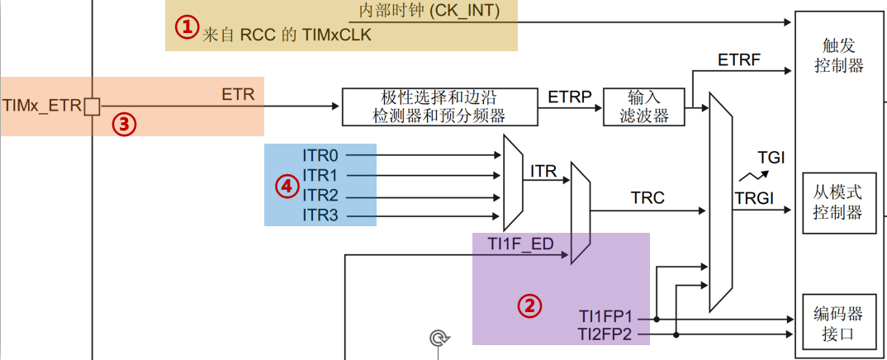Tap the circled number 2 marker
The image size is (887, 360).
point(529,306)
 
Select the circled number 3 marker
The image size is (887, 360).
point(123,124)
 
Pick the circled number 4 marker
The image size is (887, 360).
point(287,187)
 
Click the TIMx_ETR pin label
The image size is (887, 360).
point(42,107)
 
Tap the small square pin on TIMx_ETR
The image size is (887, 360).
point(92,107)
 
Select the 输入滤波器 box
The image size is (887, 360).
point(644,107)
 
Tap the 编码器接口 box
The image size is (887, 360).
point(838,324)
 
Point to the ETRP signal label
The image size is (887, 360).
point(570,97)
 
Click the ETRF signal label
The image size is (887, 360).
point(738,60)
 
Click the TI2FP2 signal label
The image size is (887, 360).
point(605,334)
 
